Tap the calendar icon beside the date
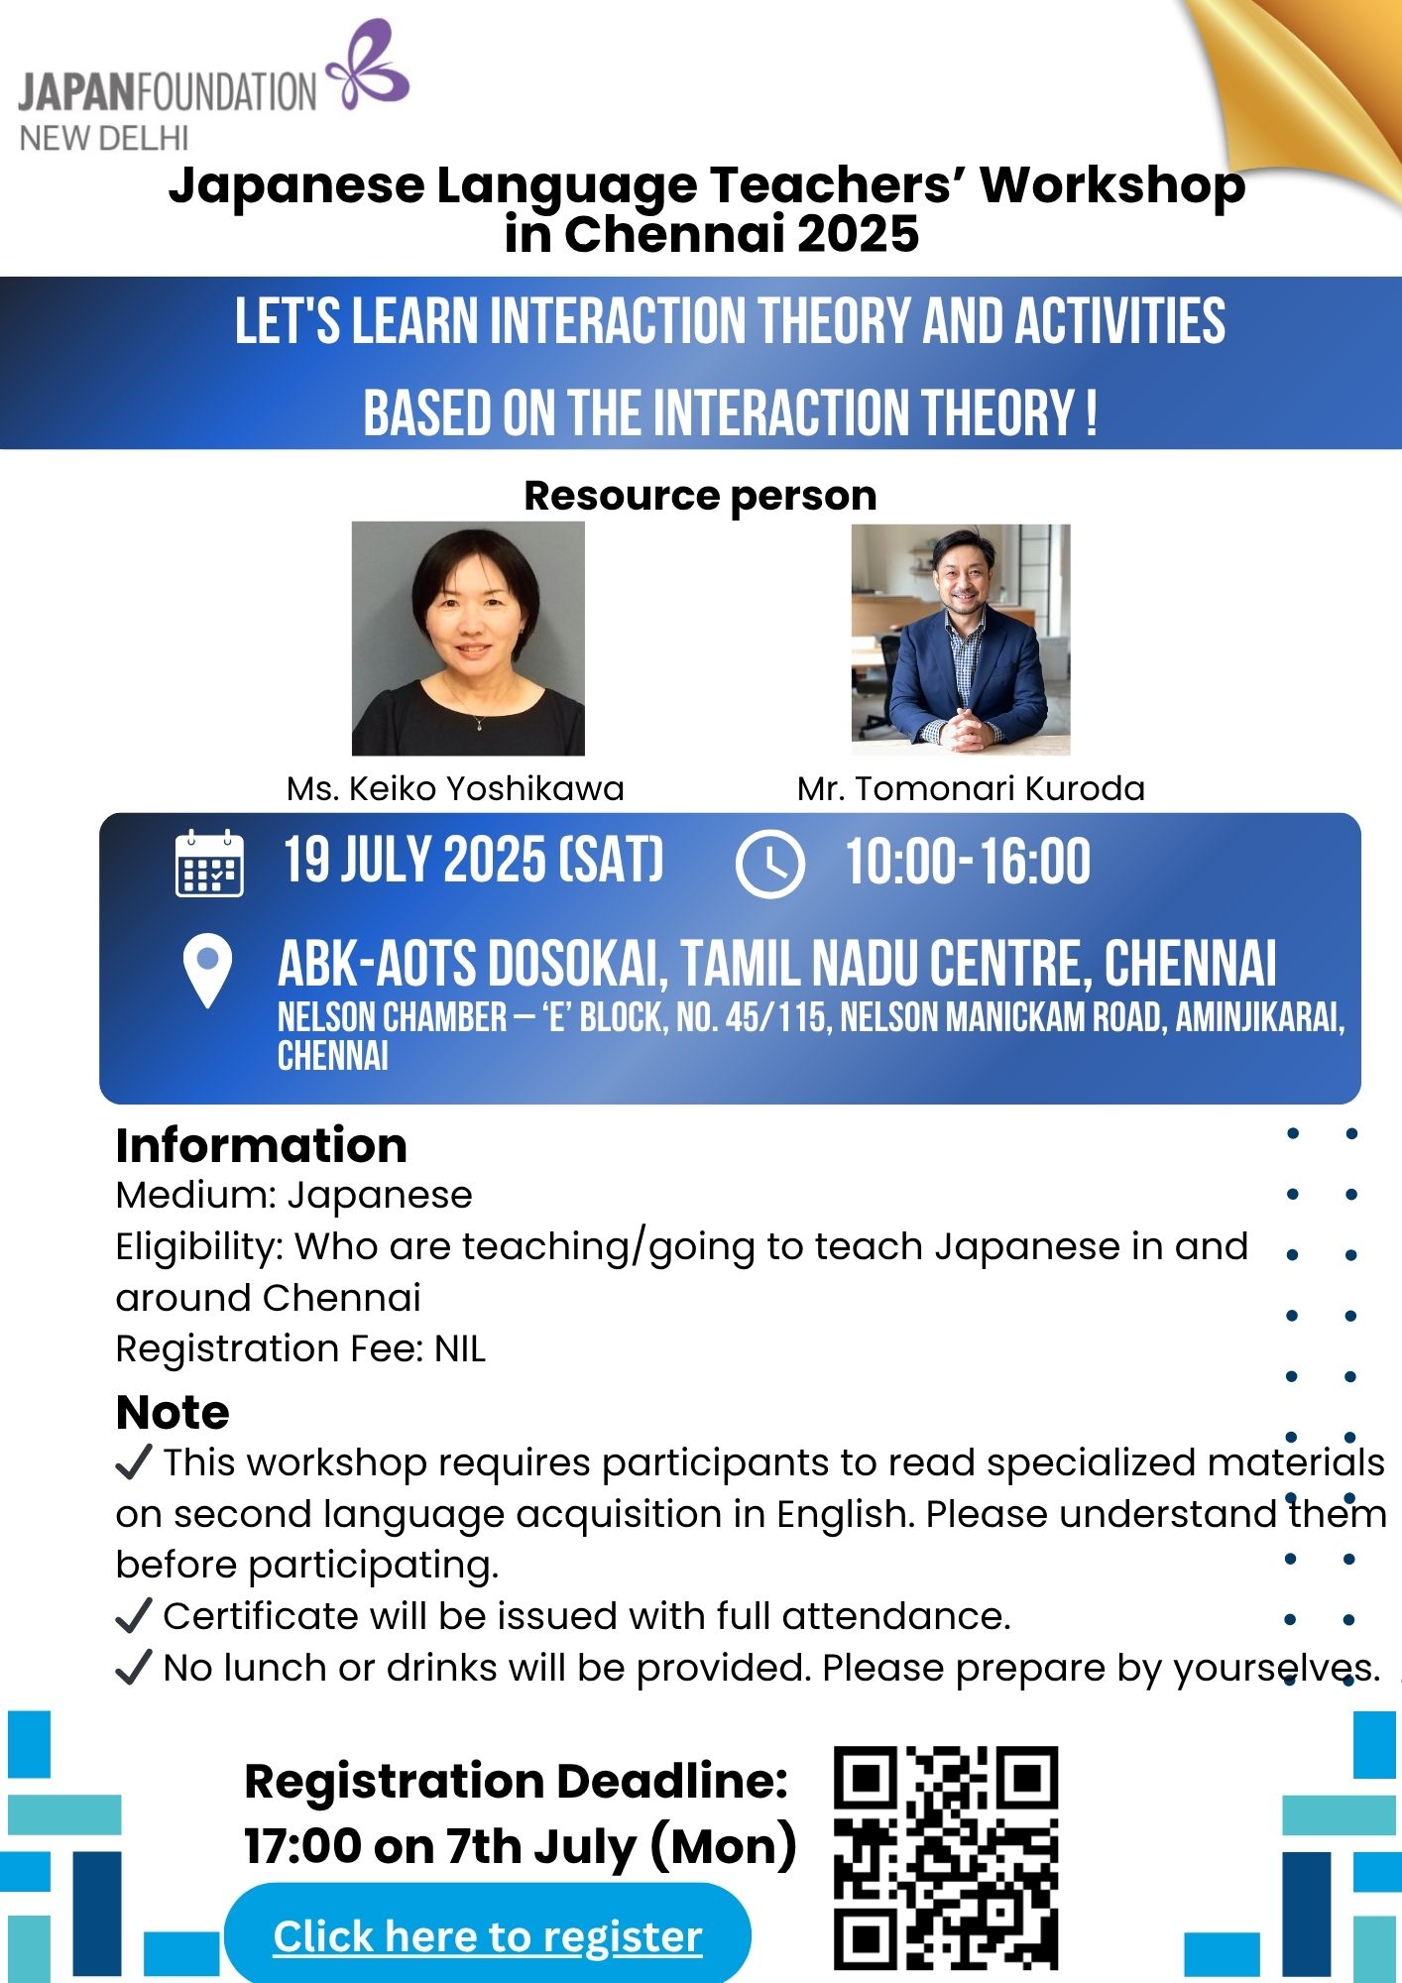[209, 864]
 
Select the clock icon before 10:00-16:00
[769, 865]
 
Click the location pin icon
[208, 972]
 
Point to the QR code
[946, 1858]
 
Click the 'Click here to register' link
[488, 1936]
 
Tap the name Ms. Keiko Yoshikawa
[455, 788]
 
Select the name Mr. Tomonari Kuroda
[971, 788]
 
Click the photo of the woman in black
[468, 639]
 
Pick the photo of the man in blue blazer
[961, 640]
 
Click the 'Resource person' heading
[700, 496]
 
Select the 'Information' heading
[262, 1145]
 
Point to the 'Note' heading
[173, 1412]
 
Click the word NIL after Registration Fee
[460, 1349]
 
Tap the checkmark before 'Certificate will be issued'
[134, 1616]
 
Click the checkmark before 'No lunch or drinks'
[134, 1668]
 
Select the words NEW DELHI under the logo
[104, 138]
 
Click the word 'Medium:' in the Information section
[194, 1196]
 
